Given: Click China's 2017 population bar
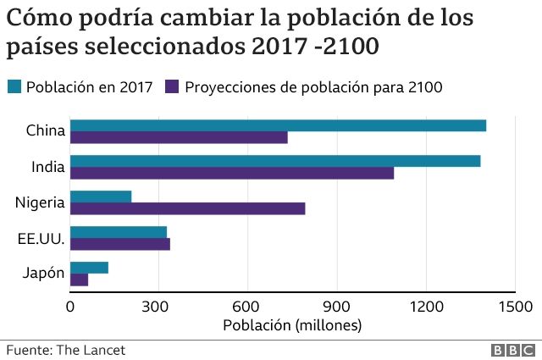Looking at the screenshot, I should click(x=278, y=125).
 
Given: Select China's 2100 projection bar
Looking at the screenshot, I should click(x=179, y=138).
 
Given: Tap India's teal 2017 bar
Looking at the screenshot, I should click(x=275, y=161).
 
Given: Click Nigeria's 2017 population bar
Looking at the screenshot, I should click(x=101, y=197).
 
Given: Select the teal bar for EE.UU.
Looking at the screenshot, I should click(x=119, y=232).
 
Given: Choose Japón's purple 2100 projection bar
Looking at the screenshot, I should click(x=79, y=280).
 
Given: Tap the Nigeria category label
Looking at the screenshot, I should click(x=39, y=202).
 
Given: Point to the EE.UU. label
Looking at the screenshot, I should click(x=40, y=238).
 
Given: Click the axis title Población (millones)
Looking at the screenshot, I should click(x=291, y=324).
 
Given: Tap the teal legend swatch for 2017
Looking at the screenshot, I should click(x=14, y=86).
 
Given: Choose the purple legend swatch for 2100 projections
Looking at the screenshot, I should click(x=173, y=86).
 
